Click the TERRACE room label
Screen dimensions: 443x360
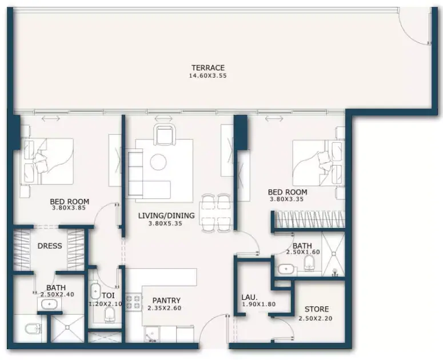[x=208, y=68]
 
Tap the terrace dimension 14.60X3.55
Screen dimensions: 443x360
[x=208, y=75]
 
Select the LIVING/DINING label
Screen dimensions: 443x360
[x=166, y=216]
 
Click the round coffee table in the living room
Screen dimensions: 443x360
[x=158, y=162]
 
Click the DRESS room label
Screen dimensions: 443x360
[x=50, y=246]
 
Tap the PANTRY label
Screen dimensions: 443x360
[x=166, y=301]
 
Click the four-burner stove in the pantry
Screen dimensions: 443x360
[x=134, y=302]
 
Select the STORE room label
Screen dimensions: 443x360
[x=317, y=309]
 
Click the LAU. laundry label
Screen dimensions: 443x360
[x=249, y=297]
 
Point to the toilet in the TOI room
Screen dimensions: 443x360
[x=110, y=315]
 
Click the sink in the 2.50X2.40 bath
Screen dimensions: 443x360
[x=50, y=305]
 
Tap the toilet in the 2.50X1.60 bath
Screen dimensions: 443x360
[x=309, y=263]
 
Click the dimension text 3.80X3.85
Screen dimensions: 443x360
[x=69, y=208]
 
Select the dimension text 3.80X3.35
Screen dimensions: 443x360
[x=287, y=199]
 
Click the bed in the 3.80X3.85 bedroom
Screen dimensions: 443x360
[x=47, y=161]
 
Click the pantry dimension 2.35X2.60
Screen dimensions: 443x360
[x=165, y=308]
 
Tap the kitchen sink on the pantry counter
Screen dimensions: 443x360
[x=152, y=334]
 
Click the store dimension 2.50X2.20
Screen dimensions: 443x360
[x=316, y=318]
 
